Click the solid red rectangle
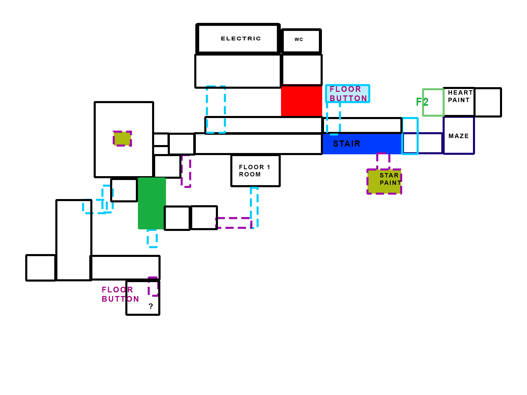[x=301, y=101]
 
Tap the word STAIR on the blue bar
[x=347, y=144]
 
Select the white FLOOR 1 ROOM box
[x=255, y=170]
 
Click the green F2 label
[x=422, y=102]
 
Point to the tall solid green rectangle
[x=151, y=203]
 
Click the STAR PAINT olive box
[x=384, y=182]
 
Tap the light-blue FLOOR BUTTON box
[x=347, y=94]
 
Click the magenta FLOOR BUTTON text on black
[x=120, y=294]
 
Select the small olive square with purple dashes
[x=122, y=139]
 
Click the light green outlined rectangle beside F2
[x=433, y=102]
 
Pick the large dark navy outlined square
[x=459, y=136]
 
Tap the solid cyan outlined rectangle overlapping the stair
[x=410, y=136]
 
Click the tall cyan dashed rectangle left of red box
[x=216, y=110]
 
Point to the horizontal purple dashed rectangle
[x=233, y=223]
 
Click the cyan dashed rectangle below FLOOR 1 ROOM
[x=254, y=208]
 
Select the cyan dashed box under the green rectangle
[x=152, y=239]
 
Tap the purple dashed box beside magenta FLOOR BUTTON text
[x=153, y=286]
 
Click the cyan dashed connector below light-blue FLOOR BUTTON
[x=333, y=118]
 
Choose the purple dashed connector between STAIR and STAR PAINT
[x=383, y=161]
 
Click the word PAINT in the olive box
[x=390, y=183]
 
